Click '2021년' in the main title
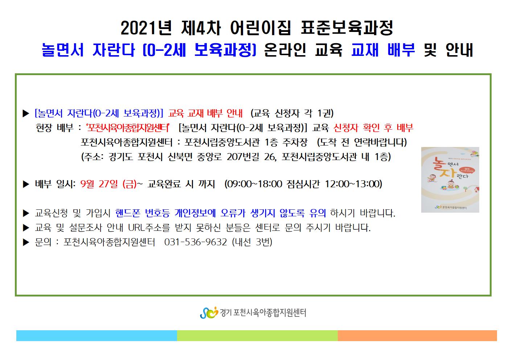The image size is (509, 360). (146, 28)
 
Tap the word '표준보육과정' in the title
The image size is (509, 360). (347, 28)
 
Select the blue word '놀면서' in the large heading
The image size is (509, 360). (63, 50)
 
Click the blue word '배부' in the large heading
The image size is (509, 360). (401, 50)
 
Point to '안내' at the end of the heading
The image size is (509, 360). (459, 50)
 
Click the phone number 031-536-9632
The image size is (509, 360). (196, 242)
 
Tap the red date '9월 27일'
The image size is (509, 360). (99, 184)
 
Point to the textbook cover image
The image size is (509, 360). (450, 180)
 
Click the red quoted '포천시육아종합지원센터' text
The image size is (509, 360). (128, 128)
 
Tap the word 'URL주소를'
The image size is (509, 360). (149, 228)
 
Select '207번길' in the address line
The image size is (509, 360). (243, 157)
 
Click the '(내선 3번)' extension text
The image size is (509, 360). (252, 242)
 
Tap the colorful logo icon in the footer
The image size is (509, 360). (209, 313)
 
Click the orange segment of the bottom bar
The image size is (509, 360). (417, 335)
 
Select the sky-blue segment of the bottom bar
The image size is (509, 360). (97, 335)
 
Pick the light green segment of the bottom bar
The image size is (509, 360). (257, 335)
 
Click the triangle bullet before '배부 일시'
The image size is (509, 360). (26, 184)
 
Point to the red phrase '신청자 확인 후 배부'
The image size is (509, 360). (373, 128)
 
